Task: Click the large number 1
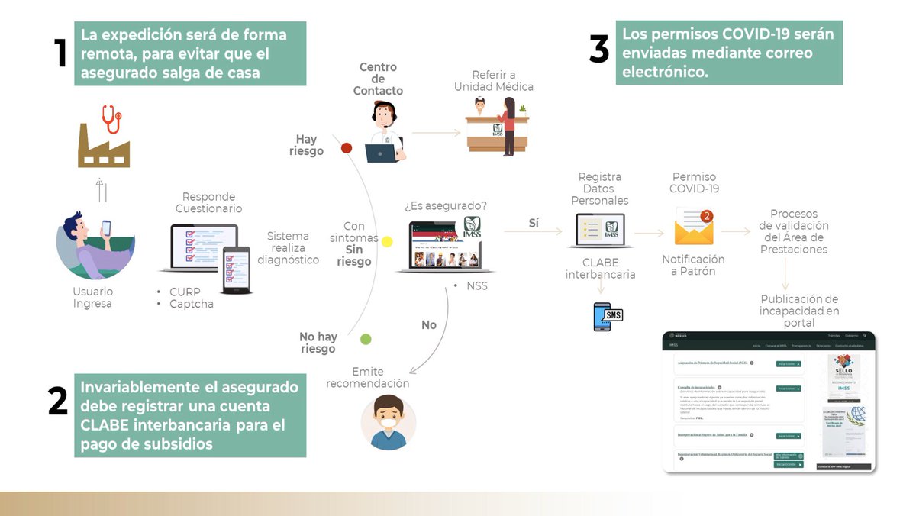(x=60, y=53)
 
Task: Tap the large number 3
(x=599, y=50)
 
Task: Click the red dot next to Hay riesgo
(x=346, y=147)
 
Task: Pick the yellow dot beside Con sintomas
(x=387, y=242)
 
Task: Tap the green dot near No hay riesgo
(x=366, y=339)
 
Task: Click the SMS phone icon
(x=608, y=316)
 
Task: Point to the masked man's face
(x=389, y=418)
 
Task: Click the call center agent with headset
(x=384, y=131)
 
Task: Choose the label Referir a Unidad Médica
(x=494, y=81)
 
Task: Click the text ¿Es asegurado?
(x=446, y=206)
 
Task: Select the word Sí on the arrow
(x=534, y=223)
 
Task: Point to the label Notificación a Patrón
(x=693, y=265)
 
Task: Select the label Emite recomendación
(x=368, y=377)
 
